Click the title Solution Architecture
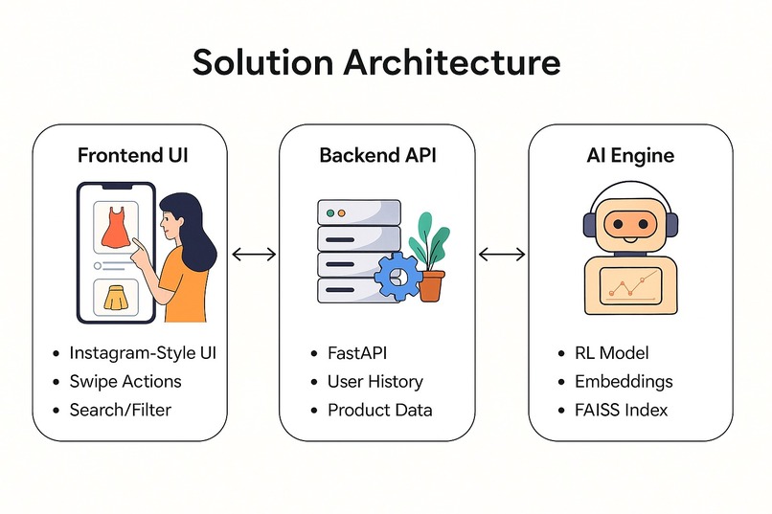(375, 62)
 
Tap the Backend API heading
(376, 155)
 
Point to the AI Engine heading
(630, 155)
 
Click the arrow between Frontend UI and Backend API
(254, 254)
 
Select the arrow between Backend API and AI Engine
(502, 254)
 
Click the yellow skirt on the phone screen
(114, 300)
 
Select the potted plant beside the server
(430, 257)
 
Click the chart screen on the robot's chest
(629, 285)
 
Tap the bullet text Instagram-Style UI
(143, 353)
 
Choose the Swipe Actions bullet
(125, 381)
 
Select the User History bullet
(375, 381)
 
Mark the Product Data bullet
(379, 410)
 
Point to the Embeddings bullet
(624, 381)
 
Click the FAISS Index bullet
(621, 410)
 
